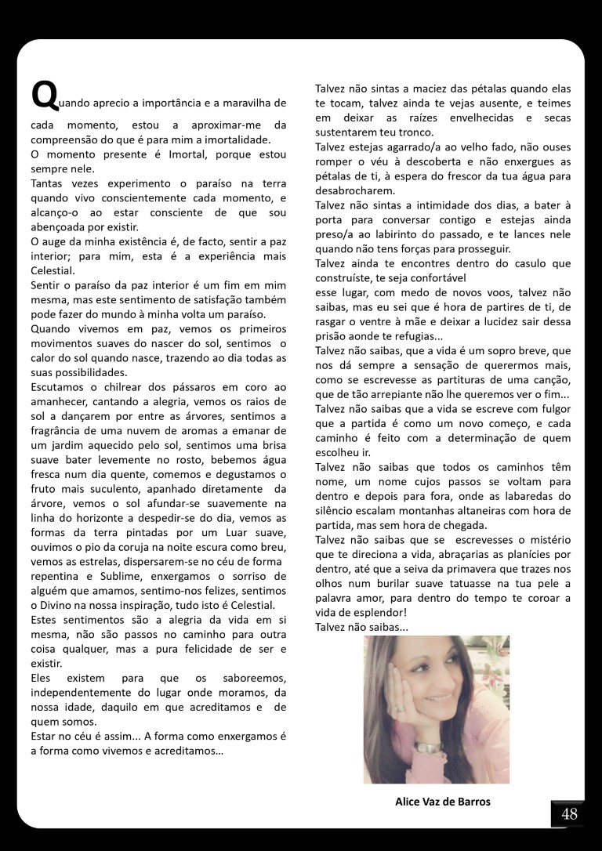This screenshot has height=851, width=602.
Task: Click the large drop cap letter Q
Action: pos(42,96)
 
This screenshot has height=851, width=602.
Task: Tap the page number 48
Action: pos(569,814)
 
